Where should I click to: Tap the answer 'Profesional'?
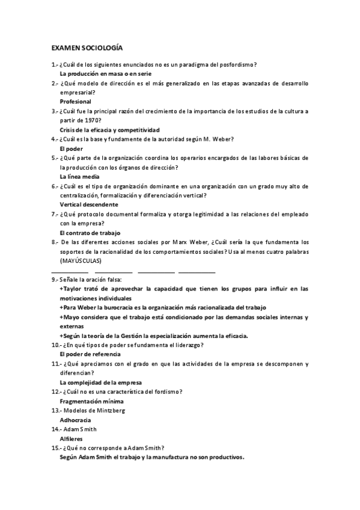[76, 102]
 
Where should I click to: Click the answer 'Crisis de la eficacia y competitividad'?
[109, 129]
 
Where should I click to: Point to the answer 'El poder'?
[72, 148]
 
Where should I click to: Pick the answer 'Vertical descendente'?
[89, 204]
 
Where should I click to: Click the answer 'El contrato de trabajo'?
[90, 232]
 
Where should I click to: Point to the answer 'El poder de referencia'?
[90, 354]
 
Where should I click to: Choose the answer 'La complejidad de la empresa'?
[100, 382]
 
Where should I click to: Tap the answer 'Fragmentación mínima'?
[91, 401]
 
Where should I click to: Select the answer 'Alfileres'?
[73, 438]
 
